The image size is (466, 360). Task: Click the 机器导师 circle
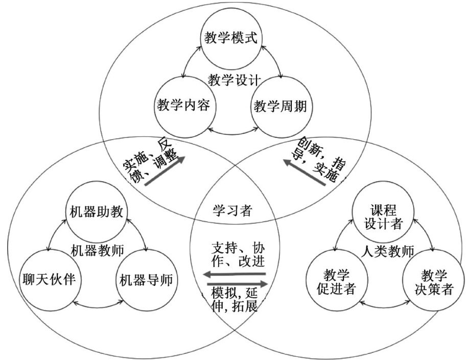(146, 279)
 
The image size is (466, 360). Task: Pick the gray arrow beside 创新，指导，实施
(305, 173)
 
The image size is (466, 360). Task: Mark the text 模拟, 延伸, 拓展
(235, 300)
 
